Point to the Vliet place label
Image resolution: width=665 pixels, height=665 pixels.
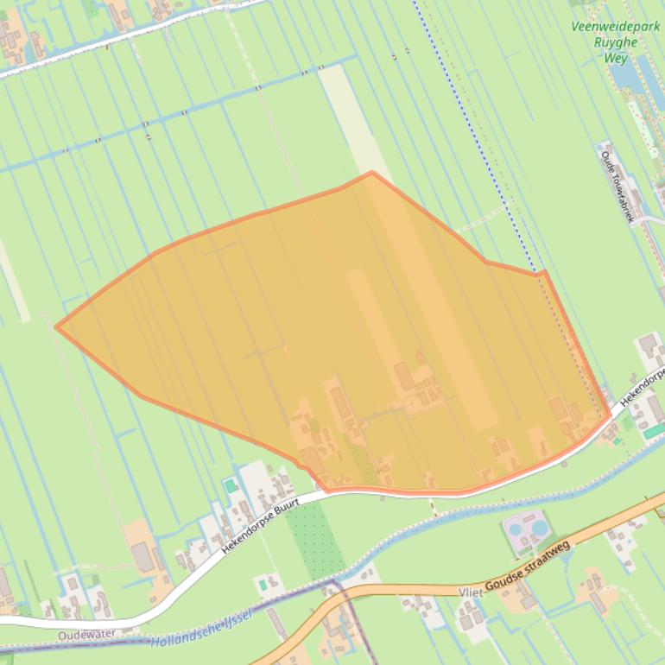point(471,592)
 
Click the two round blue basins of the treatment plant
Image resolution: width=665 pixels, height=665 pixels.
point(527,526)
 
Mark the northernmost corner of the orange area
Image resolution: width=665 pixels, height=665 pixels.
point(371,173)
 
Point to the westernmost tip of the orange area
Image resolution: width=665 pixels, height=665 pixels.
point(57,326)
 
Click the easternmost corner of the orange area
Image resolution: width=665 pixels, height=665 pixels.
point(611,415)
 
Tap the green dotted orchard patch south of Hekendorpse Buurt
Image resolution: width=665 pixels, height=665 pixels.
point(314,540)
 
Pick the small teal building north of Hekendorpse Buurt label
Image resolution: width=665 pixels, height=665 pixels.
point(231,486)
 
